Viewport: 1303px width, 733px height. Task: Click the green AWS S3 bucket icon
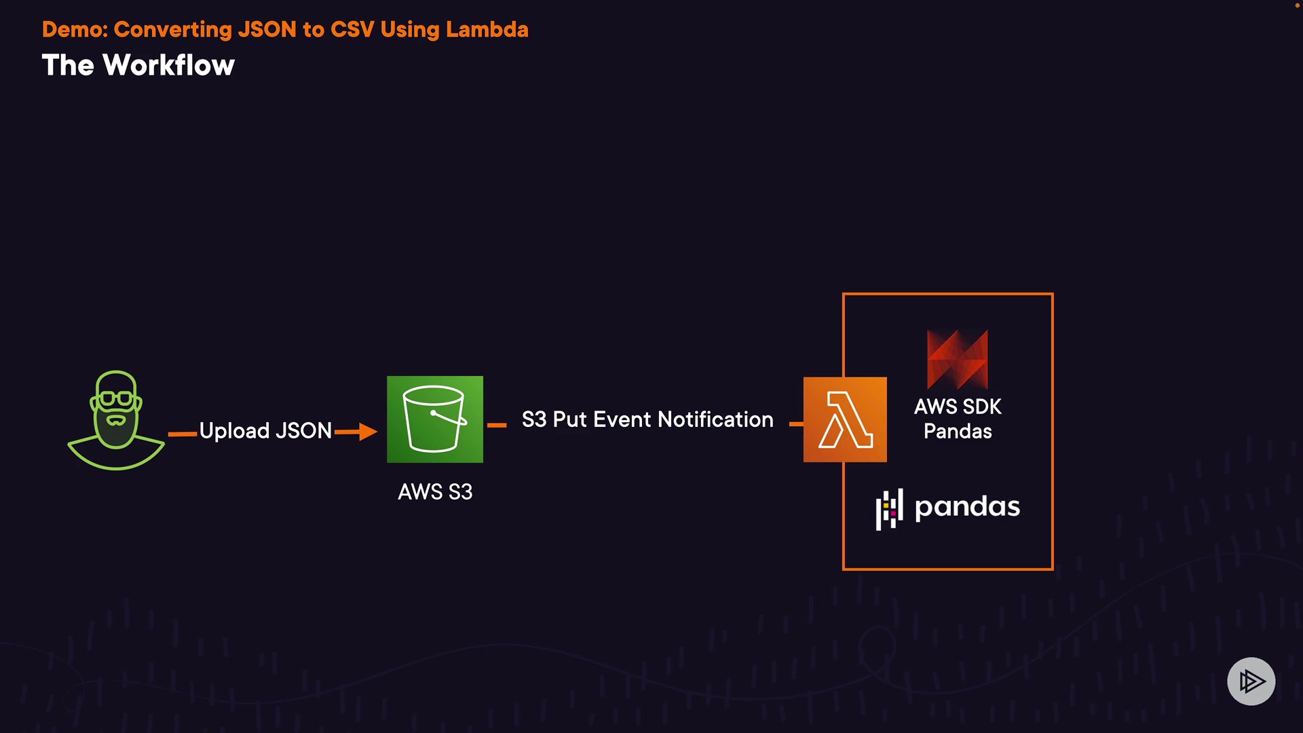(x=435, y=419)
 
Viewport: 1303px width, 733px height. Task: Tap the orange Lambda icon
(x=845, y=419)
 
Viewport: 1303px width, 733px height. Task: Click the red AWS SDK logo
(x=958, y=359)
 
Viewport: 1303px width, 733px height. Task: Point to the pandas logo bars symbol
(x=890, y=509)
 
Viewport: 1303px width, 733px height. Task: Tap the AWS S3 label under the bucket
(x=435, y=491)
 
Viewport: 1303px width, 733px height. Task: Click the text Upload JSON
(x=265, y=430)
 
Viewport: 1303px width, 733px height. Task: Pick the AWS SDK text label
(x=958, y=407)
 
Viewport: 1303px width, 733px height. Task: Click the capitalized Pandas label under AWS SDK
(x=958, y=431)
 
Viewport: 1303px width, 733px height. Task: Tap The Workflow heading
(x=138, y=65)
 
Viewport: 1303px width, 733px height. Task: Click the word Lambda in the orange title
(x=487, y=29)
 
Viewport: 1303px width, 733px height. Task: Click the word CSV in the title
(x=352, y=29)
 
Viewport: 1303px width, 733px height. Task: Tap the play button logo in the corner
(x=1251, y=681)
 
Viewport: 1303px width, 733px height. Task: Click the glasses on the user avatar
(x=116, y=398)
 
